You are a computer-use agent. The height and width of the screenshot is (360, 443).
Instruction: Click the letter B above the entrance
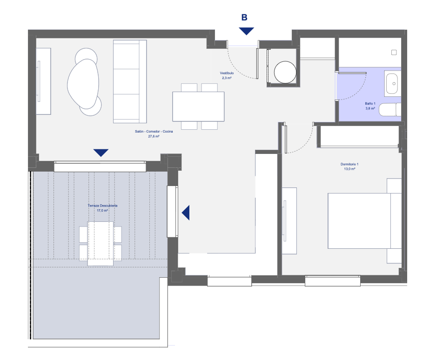coord(244,18)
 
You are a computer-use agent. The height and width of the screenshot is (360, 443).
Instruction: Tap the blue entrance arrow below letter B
coord(246,31)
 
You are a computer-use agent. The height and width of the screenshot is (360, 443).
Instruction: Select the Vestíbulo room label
coord(227,73)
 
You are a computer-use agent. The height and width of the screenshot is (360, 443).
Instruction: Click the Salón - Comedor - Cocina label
coord(154,131)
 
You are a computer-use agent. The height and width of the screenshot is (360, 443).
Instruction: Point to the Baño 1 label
coord(370,104)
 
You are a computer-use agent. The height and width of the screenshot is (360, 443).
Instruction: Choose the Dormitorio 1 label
coord(349,164)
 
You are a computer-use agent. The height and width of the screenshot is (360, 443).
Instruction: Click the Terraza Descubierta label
coord(102,206)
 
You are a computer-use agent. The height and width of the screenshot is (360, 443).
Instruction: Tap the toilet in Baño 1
coord(390,110)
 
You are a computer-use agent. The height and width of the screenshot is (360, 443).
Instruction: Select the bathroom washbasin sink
coord(392,84)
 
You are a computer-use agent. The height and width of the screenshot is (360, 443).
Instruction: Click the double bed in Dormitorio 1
coord(364,221)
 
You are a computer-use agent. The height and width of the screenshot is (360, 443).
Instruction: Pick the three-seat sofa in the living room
coord(130,81)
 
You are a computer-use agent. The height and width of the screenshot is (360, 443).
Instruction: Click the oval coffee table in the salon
coord(83,84)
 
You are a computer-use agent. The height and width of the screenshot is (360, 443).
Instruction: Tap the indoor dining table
coord(198,107)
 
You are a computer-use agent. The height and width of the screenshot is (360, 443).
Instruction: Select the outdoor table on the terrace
coord(101,243)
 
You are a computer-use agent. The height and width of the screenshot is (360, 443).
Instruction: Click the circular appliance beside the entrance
coord(285,72)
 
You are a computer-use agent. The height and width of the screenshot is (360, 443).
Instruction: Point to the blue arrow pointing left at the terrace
coord(186,213)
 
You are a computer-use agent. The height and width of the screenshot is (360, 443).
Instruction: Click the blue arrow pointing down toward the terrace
coord(101,153)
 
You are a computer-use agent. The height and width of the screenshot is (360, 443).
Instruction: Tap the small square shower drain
coord(394,52)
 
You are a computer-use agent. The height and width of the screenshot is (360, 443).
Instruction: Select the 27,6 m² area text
coord(154,136)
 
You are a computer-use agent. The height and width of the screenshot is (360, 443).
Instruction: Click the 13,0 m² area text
coord(349,169)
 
